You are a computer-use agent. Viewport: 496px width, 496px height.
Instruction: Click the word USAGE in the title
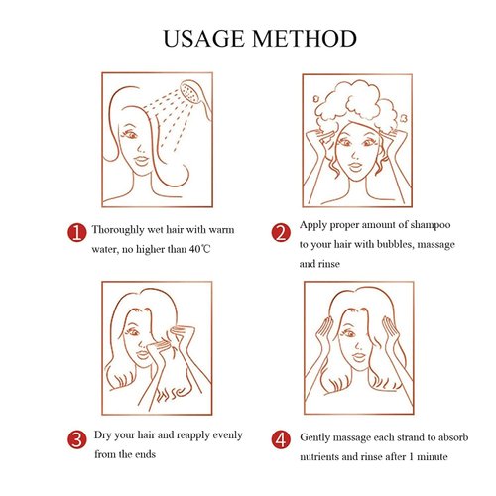(203, 39)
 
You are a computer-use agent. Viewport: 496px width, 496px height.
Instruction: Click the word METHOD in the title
(305, 39)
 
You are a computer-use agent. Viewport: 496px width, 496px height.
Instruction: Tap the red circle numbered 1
(77, 232)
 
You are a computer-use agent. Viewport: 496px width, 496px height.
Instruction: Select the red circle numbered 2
(281, 232)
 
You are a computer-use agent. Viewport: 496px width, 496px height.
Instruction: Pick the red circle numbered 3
(77, 439)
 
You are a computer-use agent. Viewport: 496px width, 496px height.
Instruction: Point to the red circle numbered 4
(281, 439)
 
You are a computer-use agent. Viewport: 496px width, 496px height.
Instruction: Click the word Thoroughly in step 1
(118, 230)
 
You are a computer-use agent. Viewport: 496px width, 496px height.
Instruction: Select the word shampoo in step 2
(431, 225)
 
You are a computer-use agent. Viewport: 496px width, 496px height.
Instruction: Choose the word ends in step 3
(145, 454)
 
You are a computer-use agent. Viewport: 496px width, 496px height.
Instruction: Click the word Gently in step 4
(314, 437)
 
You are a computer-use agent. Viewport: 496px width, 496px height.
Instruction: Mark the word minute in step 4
(433, 457)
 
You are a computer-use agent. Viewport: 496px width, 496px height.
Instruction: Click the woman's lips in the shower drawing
(142, 160)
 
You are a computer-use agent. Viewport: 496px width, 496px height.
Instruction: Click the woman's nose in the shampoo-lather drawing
(353, 155)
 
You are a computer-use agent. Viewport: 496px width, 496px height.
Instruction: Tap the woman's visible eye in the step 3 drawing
(133, 331)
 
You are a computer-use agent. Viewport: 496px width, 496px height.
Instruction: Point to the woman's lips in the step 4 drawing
(359, 356)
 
